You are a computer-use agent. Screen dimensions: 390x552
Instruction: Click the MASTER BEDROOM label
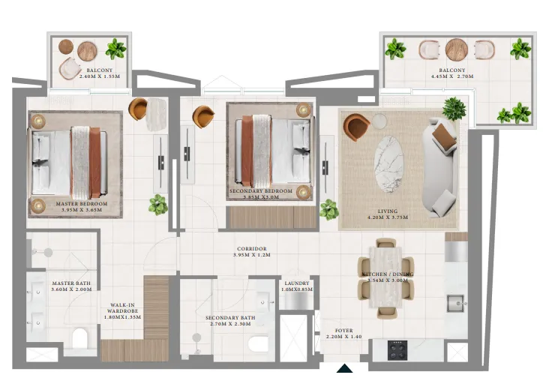coord(82,203)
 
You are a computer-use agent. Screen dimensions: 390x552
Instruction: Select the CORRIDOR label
coord(251,249)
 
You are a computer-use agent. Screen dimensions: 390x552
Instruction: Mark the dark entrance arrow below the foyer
coord(344,368)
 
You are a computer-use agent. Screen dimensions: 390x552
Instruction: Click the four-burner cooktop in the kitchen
coord(397,349)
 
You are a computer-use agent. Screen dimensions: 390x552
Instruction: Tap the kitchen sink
coord(456,304)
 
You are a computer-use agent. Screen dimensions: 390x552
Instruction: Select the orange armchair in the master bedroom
coord(139,109)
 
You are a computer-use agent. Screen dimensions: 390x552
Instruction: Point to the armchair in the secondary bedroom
coord(202,116)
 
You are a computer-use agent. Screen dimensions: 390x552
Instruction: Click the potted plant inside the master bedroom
coord(157,203)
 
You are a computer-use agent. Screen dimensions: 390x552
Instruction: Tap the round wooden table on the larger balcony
coord(456,49)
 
